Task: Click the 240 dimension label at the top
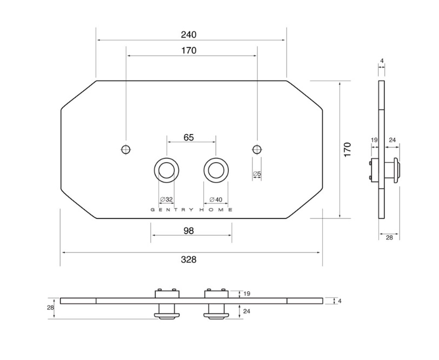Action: point(189,35)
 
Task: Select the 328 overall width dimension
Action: point(189,260)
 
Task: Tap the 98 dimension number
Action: point(189,231)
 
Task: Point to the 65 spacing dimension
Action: point(189,137)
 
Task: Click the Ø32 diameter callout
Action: point(167,199)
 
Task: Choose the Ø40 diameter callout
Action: point(216,199)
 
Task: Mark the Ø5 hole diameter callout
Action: point(257,174)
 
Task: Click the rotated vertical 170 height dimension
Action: point(347,150)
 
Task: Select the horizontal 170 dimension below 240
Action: point(189,51)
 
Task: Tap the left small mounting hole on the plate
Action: point(126,149)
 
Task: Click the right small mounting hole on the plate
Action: point(257,149)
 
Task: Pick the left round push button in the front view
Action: point(167,170)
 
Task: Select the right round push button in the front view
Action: point(216,170)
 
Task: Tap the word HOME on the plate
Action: point(216,210)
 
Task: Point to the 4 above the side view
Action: point(382,61)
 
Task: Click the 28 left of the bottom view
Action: point(50,308)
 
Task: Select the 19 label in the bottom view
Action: point(247,294)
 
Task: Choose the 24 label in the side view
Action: point(393,139)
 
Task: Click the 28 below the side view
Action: point(389,238)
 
